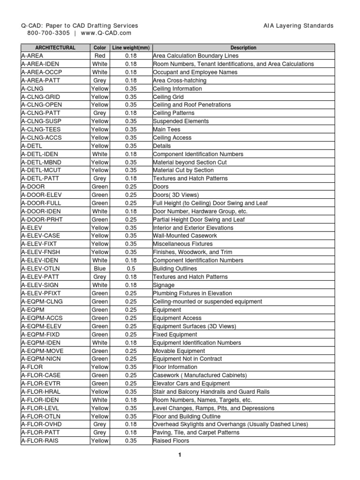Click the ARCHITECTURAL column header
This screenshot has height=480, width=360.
(x=55, y=48)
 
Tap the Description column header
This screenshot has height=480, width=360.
(x=243, y=48)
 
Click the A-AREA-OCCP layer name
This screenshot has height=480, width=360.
(x=42, y=72)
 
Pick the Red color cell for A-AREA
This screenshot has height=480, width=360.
(x=100, y=56)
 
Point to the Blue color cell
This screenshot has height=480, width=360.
(x=100, y=269)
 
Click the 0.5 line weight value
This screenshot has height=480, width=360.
(x=130, y=269)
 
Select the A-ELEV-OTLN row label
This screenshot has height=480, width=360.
(x=41, y=269)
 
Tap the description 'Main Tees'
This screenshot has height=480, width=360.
(x=167, y=129)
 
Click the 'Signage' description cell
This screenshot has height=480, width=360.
(x=164, y=285)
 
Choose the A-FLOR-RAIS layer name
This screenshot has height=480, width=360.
(x=40, y=441)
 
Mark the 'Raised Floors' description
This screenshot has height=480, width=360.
(x=171, y=441)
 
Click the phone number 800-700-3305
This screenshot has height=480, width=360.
(x=49, y=33)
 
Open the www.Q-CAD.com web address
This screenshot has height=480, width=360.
(x=106, y=33)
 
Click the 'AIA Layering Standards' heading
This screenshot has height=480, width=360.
(x=299, y=26)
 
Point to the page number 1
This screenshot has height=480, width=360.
(x=180, y=454)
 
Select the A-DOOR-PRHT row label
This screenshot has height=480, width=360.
(x=42, y=219)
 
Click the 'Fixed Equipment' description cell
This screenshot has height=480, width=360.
(x=175, y=334)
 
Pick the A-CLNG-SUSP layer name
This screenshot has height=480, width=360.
(x=42, y=121)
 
